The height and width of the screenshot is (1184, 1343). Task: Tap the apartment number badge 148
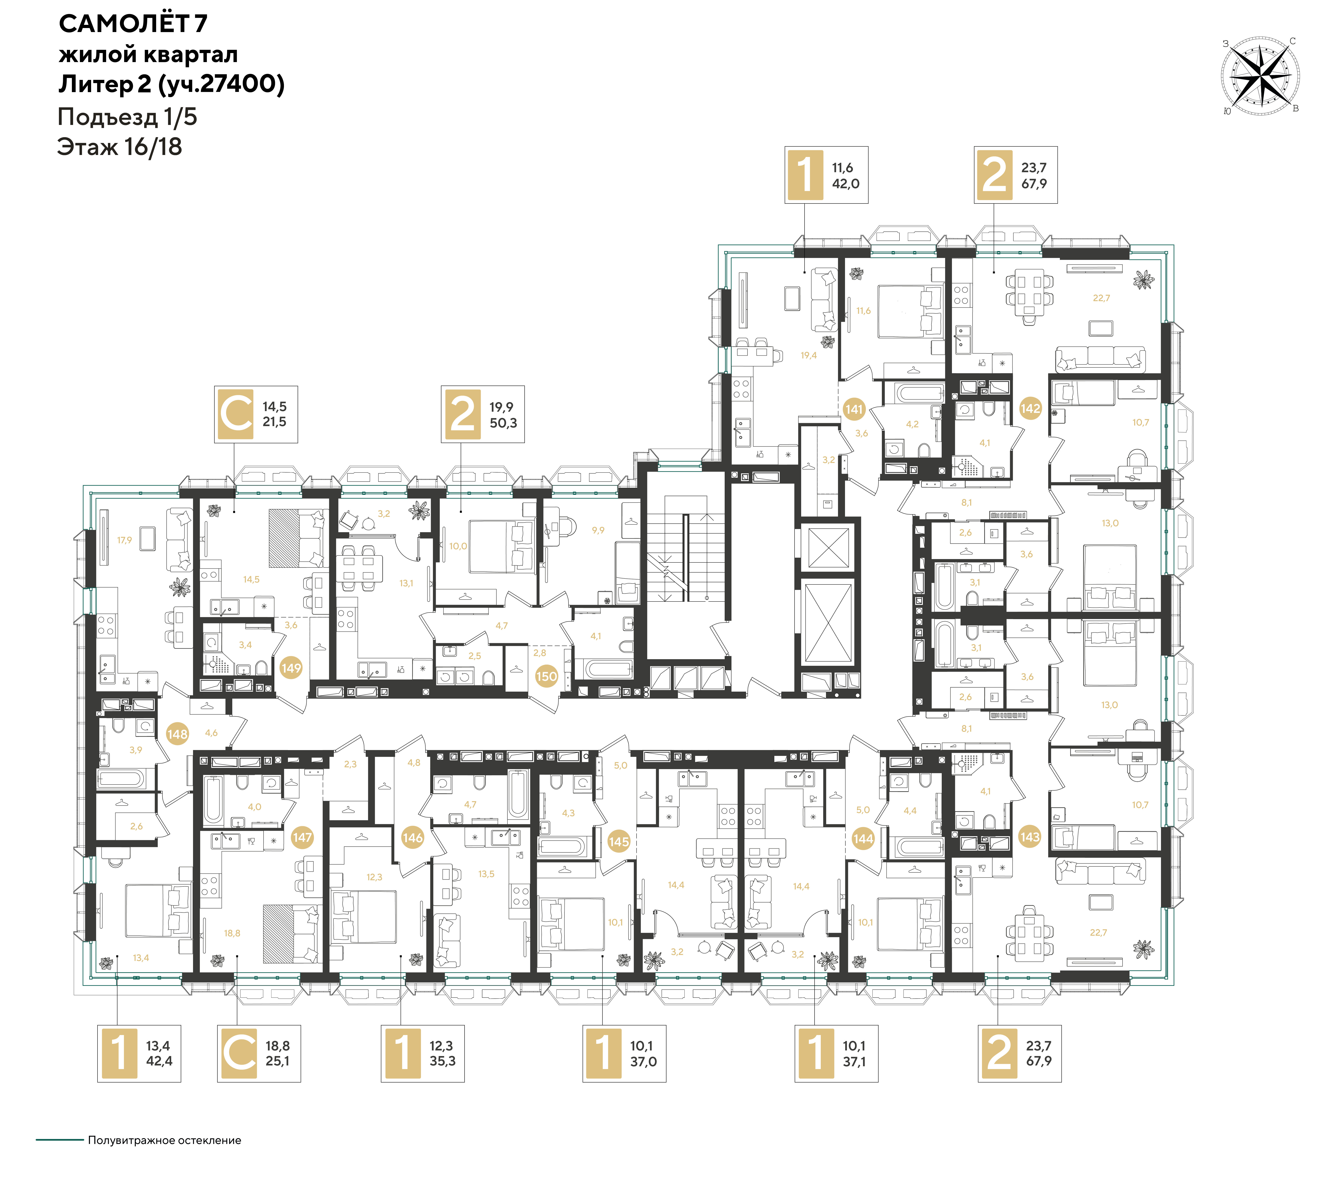177,734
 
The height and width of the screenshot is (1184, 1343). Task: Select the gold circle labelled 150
547,676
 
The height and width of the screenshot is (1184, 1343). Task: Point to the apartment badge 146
413,838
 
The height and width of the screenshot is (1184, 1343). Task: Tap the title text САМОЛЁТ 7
133,24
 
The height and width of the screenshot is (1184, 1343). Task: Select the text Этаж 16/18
120,147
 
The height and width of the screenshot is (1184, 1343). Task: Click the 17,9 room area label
124,540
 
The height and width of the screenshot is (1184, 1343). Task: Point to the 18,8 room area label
232,933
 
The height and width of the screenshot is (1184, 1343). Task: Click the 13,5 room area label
486,874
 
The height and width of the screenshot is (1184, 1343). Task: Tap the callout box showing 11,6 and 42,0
827,175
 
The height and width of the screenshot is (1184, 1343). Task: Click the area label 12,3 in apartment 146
374,877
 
